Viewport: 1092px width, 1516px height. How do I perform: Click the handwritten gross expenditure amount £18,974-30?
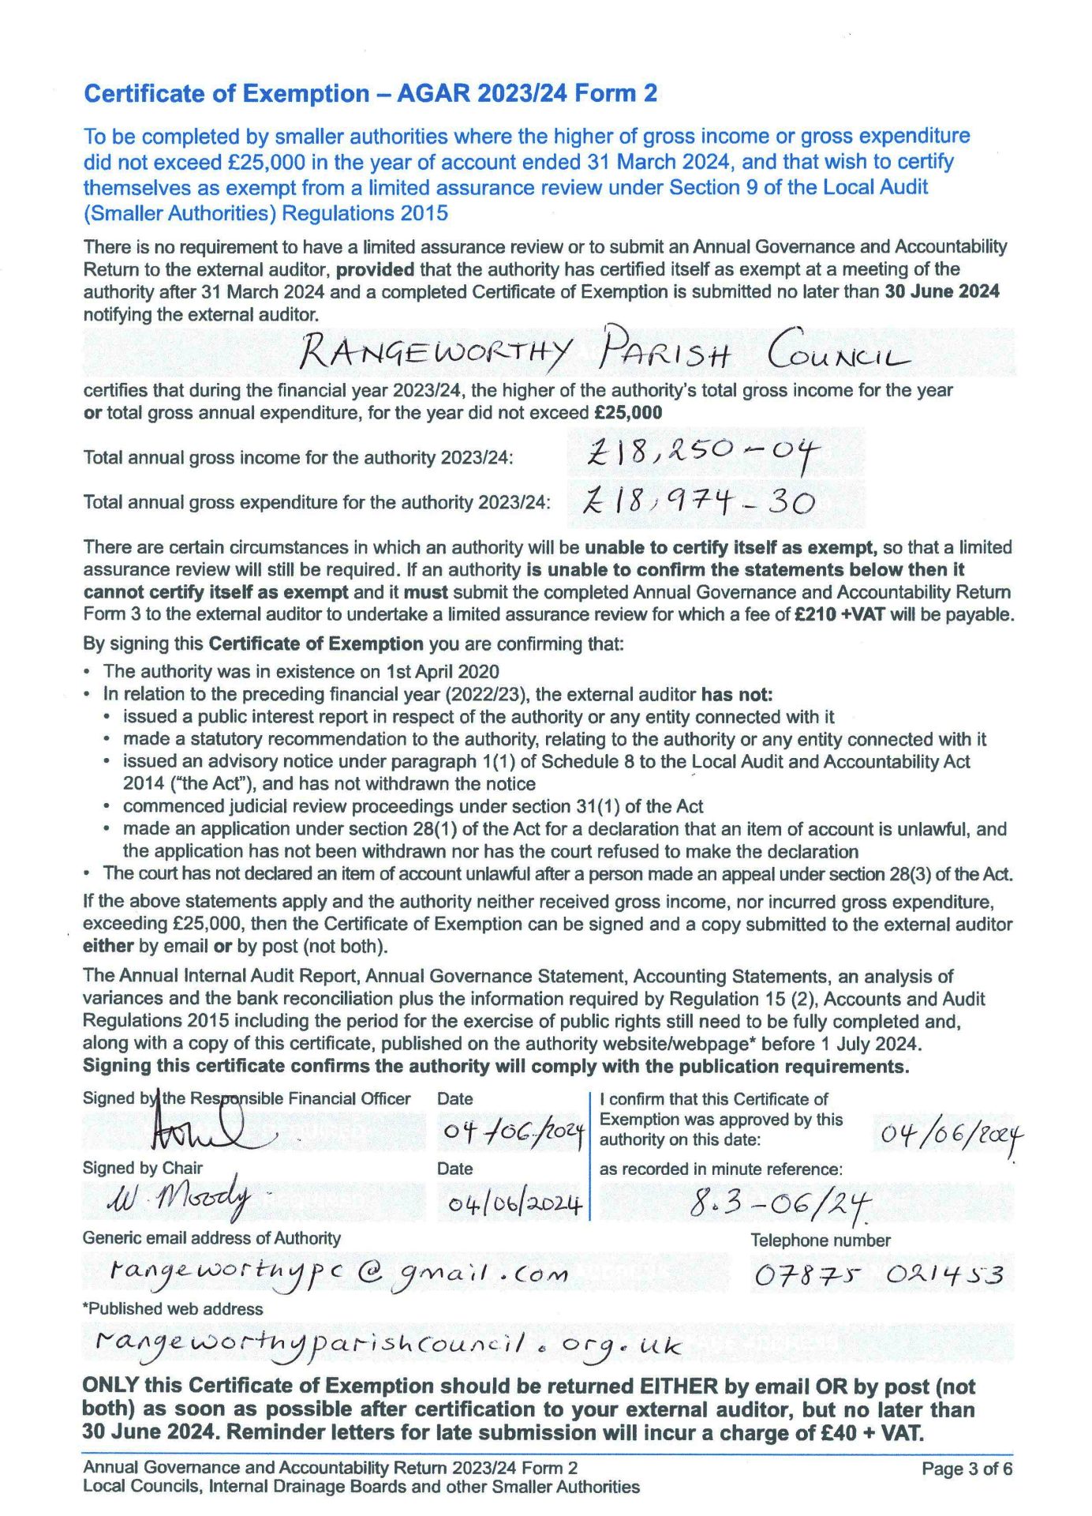pyautogui.click(x=699, y=501)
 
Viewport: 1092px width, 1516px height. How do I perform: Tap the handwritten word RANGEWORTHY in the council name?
pyautogui.click(x=435, y=353)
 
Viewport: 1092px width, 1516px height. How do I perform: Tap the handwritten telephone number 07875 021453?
pyautogui.click(x=878, y=1274)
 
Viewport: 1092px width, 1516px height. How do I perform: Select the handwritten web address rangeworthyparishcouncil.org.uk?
pyautogui.click(x=387, y=1343)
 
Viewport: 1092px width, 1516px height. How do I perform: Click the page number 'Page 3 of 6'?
pyautogui.click(x=967, y=1469)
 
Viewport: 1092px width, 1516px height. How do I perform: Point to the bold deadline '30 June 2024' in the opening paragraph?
pyautogui.click(x=942, y=291)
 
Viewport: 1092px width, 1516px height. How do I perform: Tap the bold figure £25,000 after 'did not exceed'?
pyautogui.click(x=628, y=412)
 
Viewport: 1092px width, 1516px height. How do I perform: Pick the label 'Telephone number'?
pyautogui.click(x=820, y=1240)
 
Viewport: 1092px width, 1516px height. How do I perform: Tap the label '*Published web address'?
pyautogui.click(x=173, y=1308)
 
